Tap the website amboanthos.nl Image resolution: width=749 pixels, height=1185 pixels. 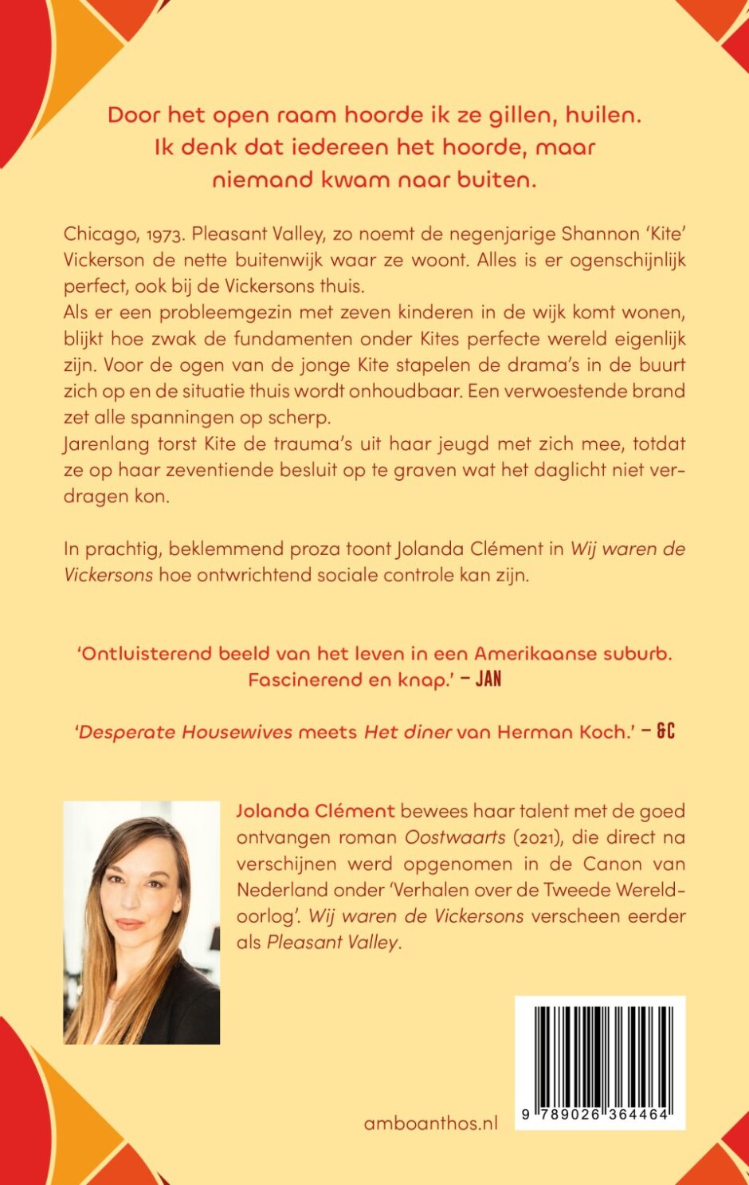tap(430, 1123)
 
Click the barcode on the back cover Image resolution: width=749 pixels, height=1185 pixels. tap(600, 1053)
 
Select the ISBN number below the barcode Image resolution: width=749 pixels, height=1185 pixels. tap(599, 1116)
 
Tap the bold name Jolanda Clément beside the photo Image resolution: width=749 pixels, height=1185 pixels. tap(316, 811)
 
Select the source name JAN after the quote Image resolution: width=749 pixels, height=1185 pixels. tap(488, 680)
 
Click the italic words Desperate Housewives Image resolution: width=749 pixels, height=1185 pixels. tap(185, 732)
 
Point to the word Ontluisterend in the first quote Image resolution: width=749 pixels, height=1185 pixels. tap(147, 654)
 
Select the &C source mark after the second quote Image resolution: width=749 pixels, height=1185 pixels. tap(666, 732)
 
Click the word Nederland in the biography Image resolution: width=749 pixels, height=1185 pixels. tap(276, 889)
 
